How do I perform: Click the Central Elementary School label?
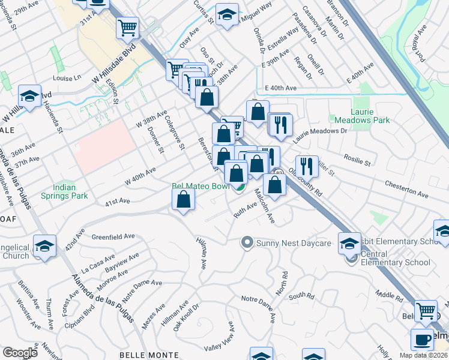396,262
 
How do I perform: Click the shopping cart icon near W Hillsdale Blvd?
128,28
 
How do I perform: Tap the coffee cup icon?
422,340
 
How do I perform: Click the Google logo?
20,353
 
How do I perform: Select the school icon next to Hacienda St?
29,95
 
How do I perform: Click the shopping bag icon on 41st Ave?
183,199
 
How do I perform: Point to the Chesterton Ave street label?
406,189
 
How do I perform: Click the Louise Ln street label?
67,78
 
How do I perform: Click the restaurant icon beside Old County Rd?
307,166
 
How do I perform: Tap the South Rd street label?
301,296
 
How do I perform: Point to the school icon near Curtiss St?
227,16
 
